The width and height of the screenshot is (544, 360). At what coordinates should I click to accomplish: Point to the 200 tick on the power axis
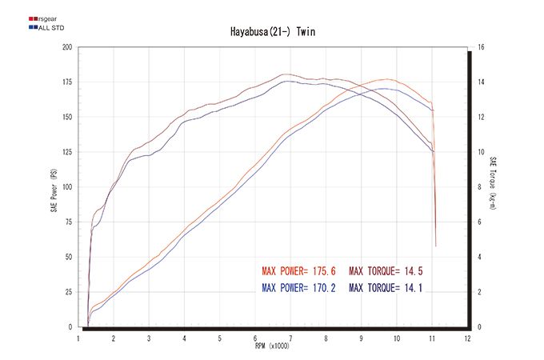67,47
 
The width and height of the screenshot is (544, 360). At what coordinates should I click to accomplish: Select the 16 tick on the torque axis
480,47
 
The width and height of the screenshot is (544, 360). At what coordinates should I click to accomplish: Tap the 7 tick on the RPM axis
290,338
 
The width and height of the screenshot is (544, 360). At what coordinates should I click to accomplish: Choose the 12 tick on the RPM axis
467,338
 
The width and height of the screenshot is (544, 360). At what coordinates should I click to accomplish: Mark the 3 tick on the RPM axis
149,338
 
